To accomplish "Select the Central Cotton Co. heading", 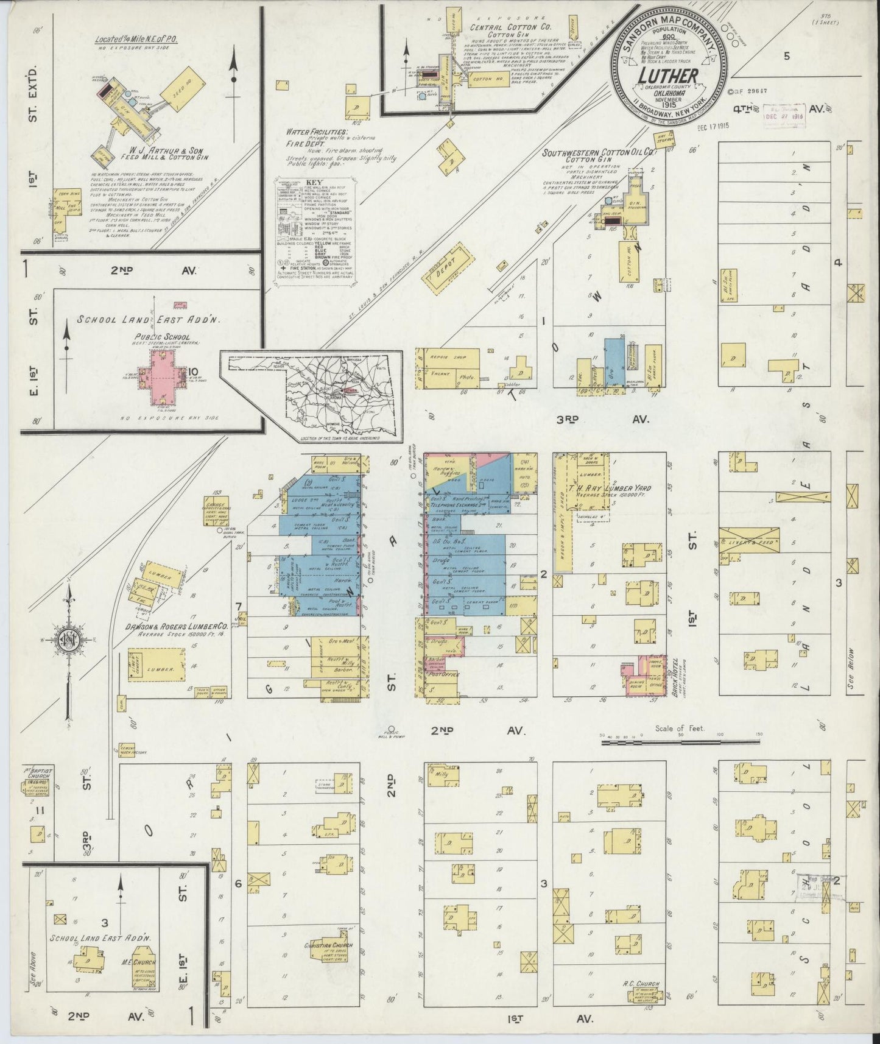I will (502, 27).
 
